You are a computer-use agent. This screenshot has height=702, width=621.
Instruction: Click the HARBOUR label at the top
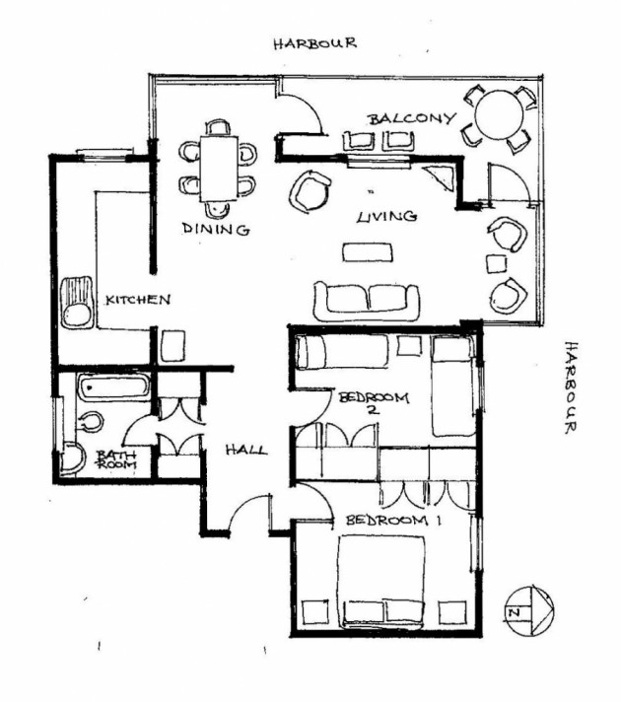314,43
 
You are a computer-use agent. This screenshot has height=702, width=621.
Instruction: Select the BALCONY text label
412,118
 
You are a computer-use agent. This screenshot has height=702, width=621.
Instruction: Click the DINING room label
215,229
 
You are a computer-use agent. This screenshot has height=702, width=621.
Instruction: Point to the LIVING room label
386,216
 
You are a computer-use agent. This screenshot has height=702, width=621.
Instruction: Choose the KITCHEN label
140,299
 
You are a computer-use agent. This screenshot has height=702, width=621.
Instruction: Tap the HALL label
245,450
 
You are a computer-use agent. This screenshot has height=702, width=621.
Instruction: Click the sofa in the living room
366,298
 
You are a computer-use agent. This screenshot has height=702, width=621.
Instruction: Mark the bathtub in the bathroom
107,387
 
